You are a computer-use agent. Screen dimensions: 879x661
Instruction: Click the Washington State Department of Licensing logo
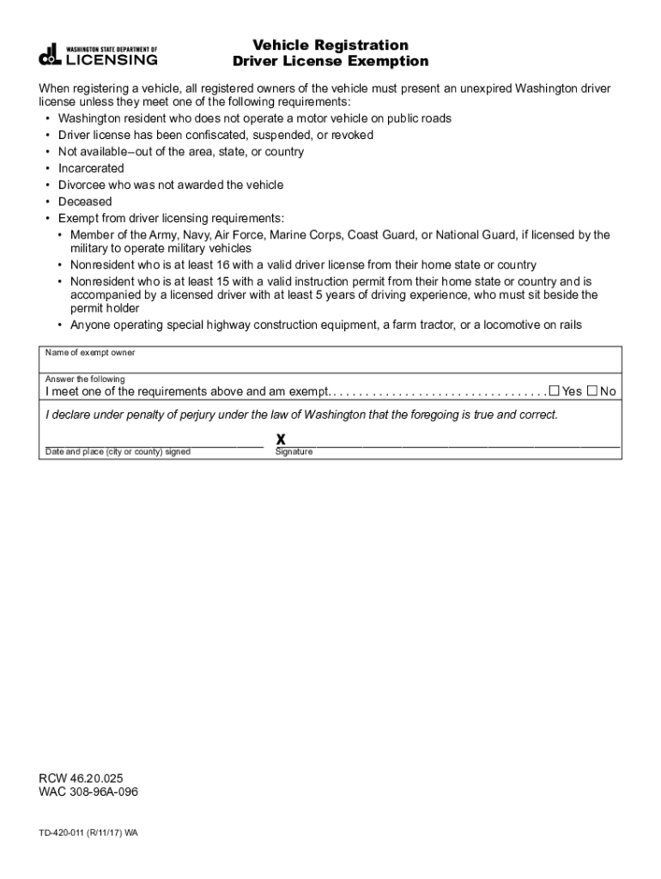tap(98, 54)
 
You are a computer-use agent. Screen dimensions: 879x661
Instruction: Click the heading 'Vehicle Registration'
tap(330, 45)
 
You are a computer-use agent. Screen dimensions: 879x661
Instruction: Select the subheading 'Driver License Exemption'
tap(330, 62)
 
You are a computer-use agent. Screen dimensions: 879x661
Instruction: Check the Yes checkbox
tap(554, 391)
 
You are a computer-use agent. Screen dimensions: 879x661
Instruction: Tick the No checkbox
tap(592, 391)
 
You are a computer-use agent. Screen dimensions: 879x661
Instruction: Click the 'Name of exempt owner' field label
tap(90, 353)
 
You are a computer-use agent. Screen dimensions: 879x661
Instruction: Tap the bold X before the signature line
tap(281, 439)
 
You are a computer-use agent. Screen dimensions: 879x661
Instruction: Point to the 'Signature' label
tap(294, 452)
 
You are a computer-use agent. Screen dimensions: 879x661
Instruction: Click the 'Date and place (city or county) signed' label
tap(118, 452)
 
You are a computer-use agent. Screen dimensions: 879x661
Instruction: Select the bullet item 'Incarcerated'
tap(91, 168)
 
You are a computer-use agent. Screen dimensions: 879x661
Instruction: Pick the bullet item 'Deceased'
tap(85, 202)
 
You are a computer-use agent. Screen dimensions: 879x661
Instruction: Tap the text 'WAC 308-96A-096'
tap(88, 791)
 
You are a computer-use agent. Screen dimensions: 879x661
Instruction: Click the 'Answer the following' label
tap(85, 379)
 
